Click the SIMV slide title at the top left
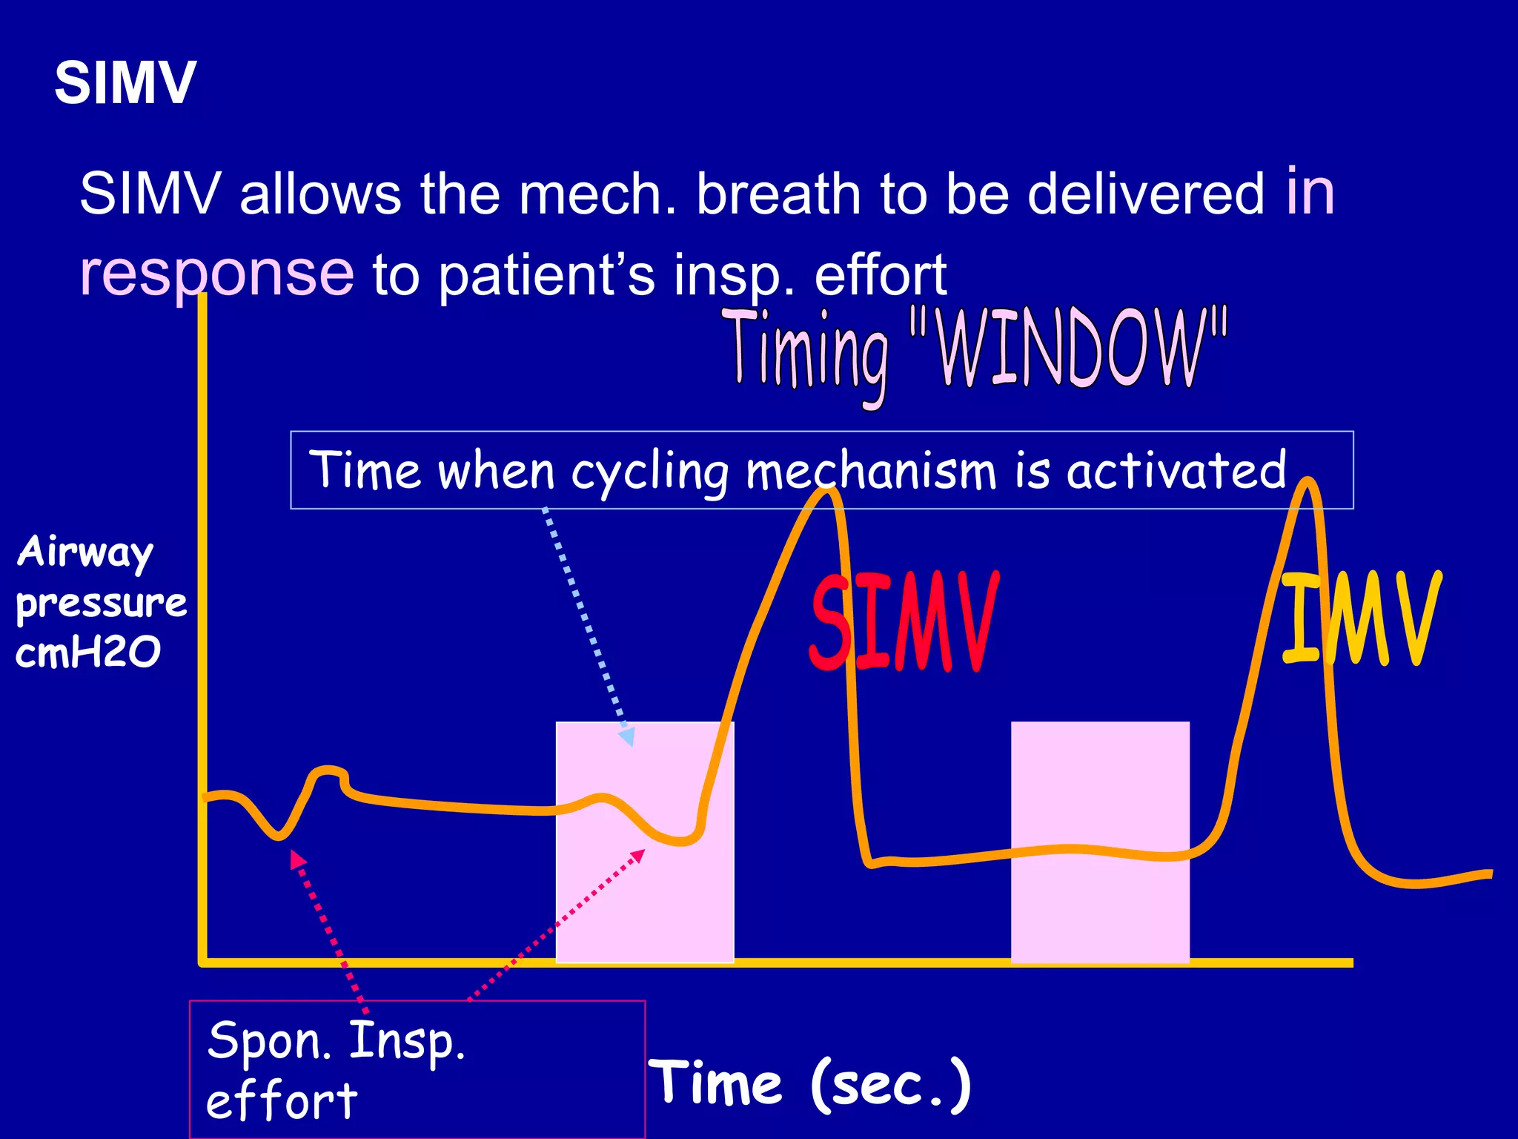point(125,82)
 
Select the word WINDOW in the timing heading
point(1067,349)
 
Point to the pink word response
point(216,273)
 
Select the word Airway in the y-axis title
point(85,552)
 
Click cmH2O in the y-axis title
point(87,653)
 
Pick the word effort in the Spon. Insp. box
point(282,1100)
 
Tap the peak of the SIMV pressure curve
point(830,493)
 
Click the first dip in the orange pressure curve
point(278,836)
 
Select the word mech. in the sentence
point(597,194)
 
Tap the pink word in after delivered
point(1310,191)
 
